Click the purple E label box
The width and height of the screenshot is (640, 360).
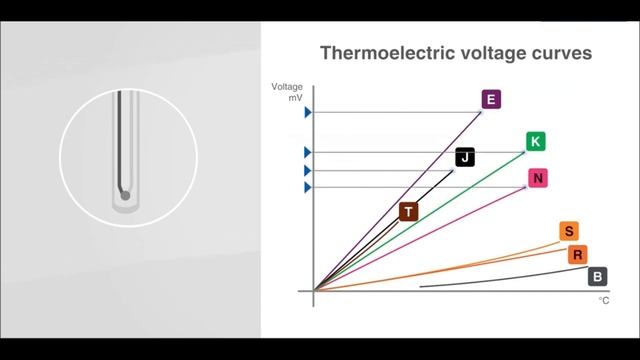(490, 99)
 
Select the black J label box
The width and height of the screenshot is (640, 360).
(465, 157)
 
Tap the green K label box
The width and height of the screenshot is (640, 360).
(535, 141)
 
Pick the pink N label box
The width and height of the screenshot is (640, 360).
(538, 179)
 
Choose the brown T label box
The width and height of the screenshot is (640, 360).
(408, 211)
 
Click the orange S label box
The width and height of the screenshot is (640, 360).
(568, 232)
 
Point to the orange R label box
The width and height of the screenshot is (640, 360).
(578, 255)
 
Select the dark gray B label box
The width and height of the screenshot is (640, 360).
(597, 277)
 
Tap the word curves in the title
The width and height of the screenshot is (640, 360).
(561, 52)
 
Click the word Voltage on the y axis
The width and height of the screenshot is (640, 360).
(287, 87)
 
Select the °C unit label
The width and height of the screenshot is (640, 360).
(603, 300)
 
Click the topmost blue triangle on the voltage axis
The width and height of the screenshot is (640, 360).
(308, 112)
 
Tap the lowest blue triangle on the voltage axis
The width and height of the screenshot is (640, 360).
(308, 187)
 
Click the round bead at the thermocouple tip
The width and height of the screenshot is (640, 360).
(125, 194)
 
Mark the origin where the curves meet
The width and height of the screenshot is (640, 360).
(314, 290)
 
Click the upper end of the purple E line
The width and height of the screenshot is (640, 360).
(482, 111)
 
